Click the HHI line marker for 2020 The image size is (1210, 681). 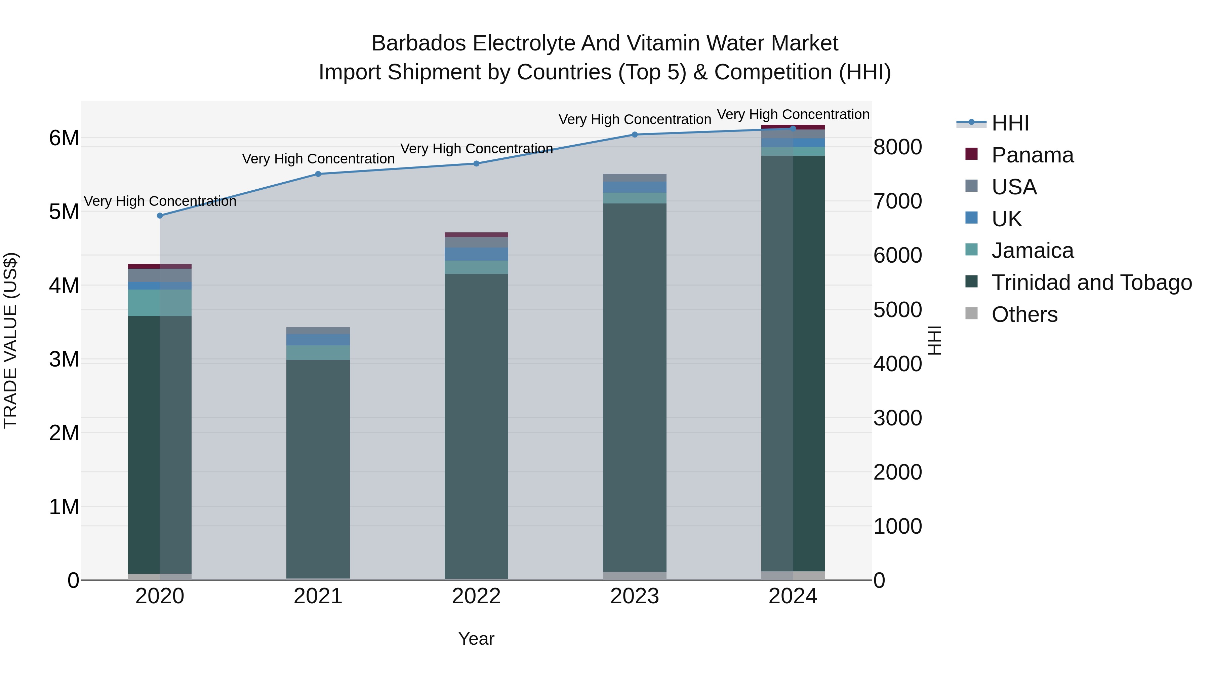(x=160, y=216)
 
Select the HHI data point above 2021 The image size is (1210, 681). (x=318, y=174)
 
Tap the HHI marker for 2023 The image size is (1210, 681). (x=635, y=135)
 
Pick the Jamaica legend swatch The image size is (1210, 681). (x=971, y=250)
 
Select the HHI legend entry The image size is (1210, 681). (x=1010, y=123)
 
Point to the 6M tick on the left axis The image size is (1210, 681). (x=64, y=138)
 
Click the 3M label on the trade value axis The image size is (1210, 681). (x=64, y=360)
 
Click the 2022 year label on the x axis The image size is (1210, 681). (x=476, y=596)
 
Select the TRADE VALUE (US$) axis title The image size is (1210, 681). (x=10, y=340)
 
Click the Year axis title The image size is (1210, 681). (x=476, y=639)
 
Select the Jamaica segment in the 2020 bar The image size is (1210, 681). (x=160, y=303)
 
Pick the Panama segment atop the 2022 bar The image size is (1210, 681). (x=476, y=234)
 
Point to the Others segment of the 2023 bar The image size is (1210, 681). (x=635, y=576)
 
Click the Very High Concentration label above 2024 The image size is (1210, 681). (x=793, y=114)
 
